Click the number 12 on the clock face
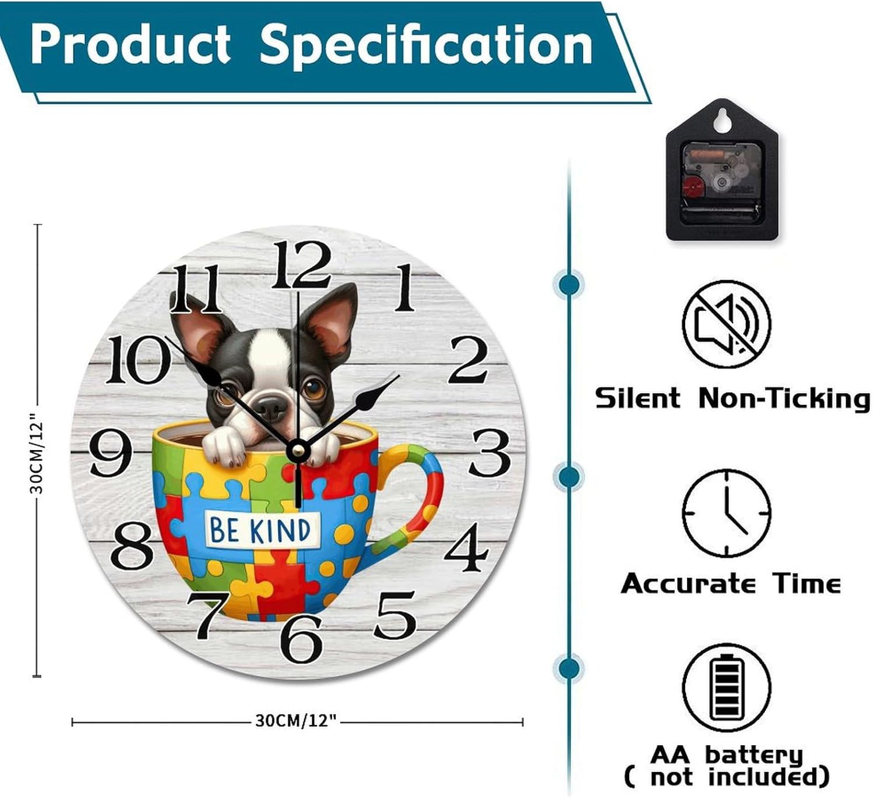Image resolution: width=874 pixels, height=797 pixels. point(300,265)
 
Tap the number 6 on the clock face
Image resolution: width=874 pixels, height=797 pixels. point(301,639)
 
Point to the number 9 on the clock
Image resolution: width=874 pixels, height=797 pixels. point(111,453)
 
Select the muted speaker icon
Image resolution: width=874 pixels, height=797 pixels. point(727,324)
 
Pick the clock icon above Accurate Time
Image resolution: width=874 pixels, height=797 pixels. point(727,513)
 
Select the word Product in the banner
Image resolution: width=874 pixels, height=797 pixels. point(131,45)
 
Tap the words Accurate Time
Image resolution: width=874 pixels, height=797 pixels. point(731,583)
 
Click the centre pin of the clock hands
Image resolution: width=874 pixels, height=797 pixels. point(298,449)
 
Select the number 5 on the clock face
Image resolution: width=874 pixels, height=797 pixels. point(394,615)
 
